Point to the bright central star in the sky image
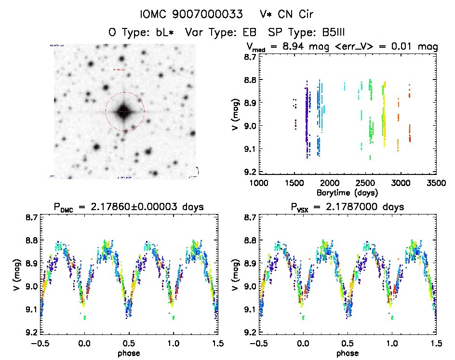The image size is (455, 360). [x=124, y=111]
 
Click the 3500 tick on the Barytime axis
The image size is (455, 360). [x=436, y=183]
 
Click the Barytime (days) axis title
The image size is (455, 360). [x=347, y=192]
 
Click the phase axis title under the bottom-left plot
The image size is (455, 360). [x=129, y=353]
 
